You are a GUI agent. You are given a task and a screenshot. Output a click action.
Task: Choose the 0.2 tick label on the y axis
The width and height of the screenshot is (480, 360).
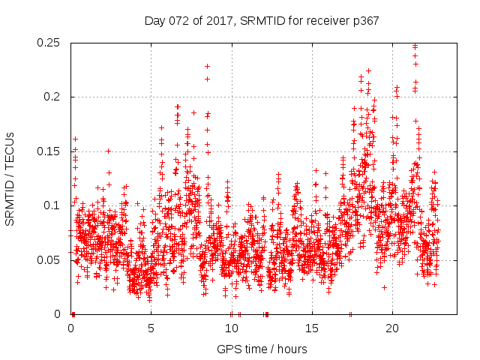54,97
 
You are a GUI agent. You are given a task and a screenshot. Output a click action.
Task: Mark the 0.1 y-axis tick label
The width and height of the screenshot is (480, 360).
54,205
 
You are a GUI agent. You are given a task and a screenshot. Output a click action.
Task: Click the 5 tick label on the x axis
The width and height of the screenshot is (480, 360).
151,328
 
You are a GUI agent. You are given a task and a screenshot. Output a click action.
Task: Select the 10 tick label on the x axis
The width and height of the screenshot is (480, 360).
231,328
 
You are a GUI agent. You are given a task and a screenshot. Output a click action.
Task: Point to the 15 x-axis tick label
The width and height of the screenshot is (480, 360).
311,328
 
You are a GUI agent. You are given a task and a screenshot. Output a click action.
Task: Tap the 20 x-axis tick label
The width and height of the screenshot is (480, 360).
391,328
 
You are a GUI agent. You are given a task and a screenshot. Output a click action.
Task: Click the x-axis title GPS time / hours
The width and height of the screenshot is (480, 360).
261,349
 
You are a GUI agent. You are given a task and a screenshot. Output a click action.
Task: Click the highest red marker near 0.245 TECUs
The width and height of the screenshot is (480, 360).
415,46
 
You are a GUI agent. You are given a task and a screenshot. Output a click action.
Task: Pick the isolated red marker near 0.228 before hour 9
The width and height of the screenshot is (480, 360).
207,66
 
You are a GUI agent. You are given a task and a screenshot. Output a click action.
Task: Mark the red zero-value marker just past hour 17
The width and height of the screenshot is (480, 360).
350,314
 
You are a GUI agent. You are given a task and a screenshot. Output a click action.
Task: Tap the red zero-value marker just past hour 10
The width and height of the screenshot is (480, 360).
239,314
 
